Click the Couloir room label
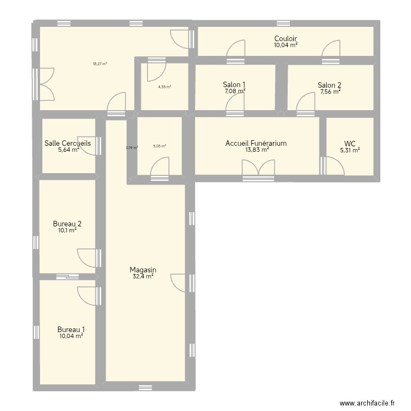[x=286, y=38]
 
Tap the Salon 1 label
[x=234, y=84]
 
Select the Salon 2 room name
[x=329, y=85]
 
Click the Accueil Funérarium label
[x=256, y=143]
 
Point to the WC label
[x=350, y=143]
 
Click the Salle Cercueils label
[x=67, y=143]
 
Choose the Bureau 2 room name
[x=67, y=224]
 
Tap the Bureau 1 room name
[x=71, y=329]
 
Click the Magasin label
[x=143, y=270]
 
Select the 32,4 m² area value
[x=143, y=277]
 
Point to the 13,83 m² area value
[x=257, y=150]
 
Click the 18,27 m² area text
[x=100, y=64]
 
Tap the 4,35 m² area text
[x=164, y=87]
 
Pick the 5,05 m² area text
[x=159, y=146]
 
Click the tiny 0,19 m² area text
[x=132, y=147]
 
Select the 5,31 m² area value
[x=350, y=150]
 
